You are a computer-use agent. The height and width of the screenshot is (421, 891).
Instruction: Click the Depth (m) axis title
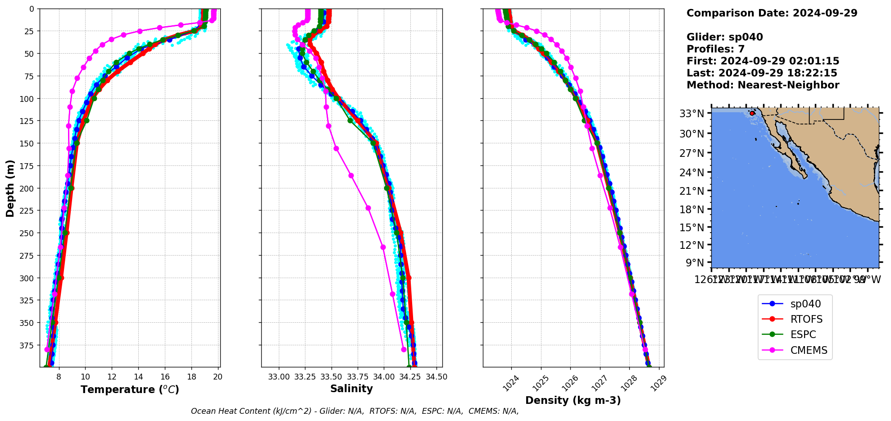click(x=10, y=188)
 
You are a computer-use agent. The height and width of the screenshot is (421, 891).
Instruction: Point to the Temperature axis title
click(x=130, y=389)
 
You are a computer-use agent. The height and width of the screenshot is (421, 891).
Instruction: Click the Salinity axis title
click(x=351, y=389)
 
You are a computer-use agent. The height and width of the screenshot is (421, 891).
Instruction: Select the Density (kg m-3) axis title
click(x=573, y=400)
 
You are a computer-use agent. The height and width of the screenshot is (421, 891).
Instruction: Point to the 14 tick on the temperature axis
click(x=138, y=377)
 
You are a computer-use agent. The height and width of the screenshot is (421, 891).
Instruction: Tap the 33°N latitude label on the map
click(x=691, y=114)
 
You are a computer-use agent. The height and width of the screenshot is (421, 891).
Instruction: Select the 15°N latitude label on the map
click(x=691, y=228)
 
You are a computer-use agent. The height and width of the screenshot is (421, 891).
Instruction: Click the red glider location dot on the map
click(x=752, y=113)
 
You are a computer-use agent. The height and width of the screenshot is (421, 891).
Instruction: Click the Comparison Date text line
click(x=772, y=13)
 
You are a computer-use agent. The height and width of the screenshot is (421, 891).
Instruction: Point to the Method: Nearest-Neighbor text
click(x=763, y=85)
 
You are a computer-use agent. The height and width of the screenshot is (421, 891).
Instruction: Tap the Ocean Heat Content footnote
click(x=355, y=411)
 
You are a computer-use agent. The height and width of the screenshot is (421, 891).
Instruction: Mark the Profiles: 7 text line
click(x=715, y=49)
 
